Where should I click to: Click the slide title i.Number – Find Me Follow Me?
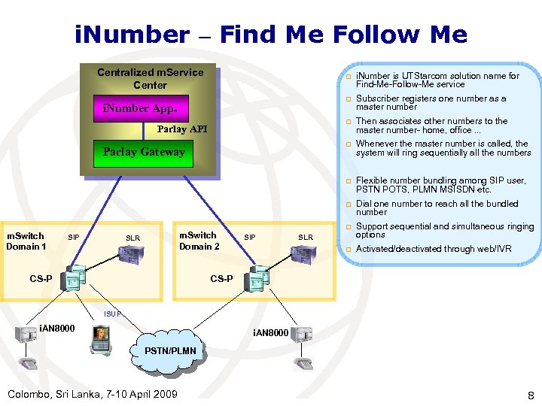coord(271,35)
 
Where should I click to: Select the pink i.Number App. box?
coord(140,108)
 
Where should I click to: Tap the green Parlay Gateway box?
coord(143,152)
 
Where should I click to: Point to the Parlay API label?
coord(181,129)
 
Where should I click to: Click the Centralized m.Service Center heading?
coord(150,78)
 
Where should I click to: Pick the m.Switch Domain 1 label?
coord(26,241)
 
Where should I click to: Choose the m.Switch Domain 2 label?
coord(199,241)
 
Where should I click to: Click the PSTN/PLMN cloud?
coord(171,351)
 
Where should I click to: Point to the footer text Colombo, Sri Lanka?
coord(92,394)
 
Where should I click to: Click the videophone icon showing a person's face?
coord(99,339)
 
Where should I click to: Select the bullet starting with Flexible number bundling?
coord(440,185)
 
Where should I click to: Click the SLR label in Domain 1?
coord(132,238)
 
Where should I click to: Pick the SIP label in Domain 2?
coord(250,238)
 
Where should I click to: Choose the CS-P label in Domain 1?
coord(41,279)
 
